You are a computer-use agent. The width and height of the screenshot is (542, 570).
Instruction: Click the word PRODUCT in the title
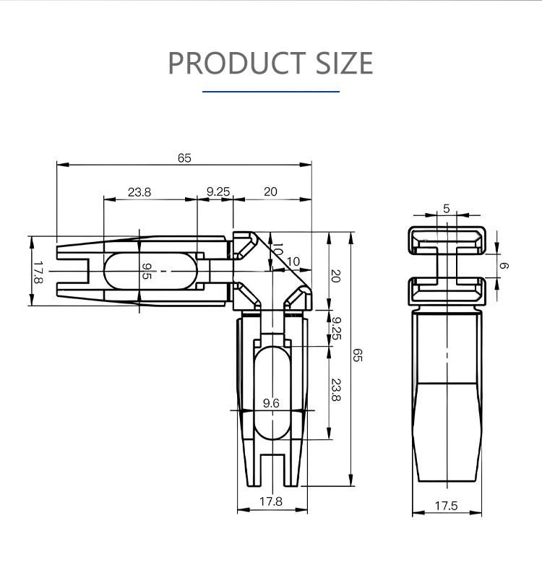point(236,63)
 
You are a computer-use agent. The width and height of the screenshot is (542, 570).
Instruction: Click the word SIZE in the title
point(344,63)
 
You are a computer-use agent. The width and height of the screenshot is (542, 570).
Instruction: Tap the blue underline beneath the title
point(271,92)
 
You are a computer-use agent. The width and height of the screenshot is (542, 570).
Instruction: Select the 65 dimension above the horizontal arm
point(184,158)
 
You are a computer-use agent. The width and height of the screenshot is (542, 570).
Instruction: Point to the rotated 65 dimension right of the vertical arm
point(358,355)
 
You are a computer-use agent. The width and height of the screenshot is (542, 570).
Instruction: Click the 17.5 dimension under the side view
point(447,506)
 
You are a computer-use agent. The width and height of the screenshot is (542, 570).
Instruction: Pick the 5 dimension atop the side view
point(447,209)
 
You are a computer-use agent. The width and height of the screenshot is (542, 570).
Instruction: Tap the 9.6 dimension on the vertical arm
point(271,403)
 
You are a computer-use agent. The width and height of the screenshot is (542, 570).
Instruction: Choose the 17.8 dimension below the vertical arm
point(271,501)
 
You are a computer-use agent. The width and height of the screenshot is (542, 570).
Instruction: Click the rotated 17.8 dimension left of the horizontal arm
point(38,272)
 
